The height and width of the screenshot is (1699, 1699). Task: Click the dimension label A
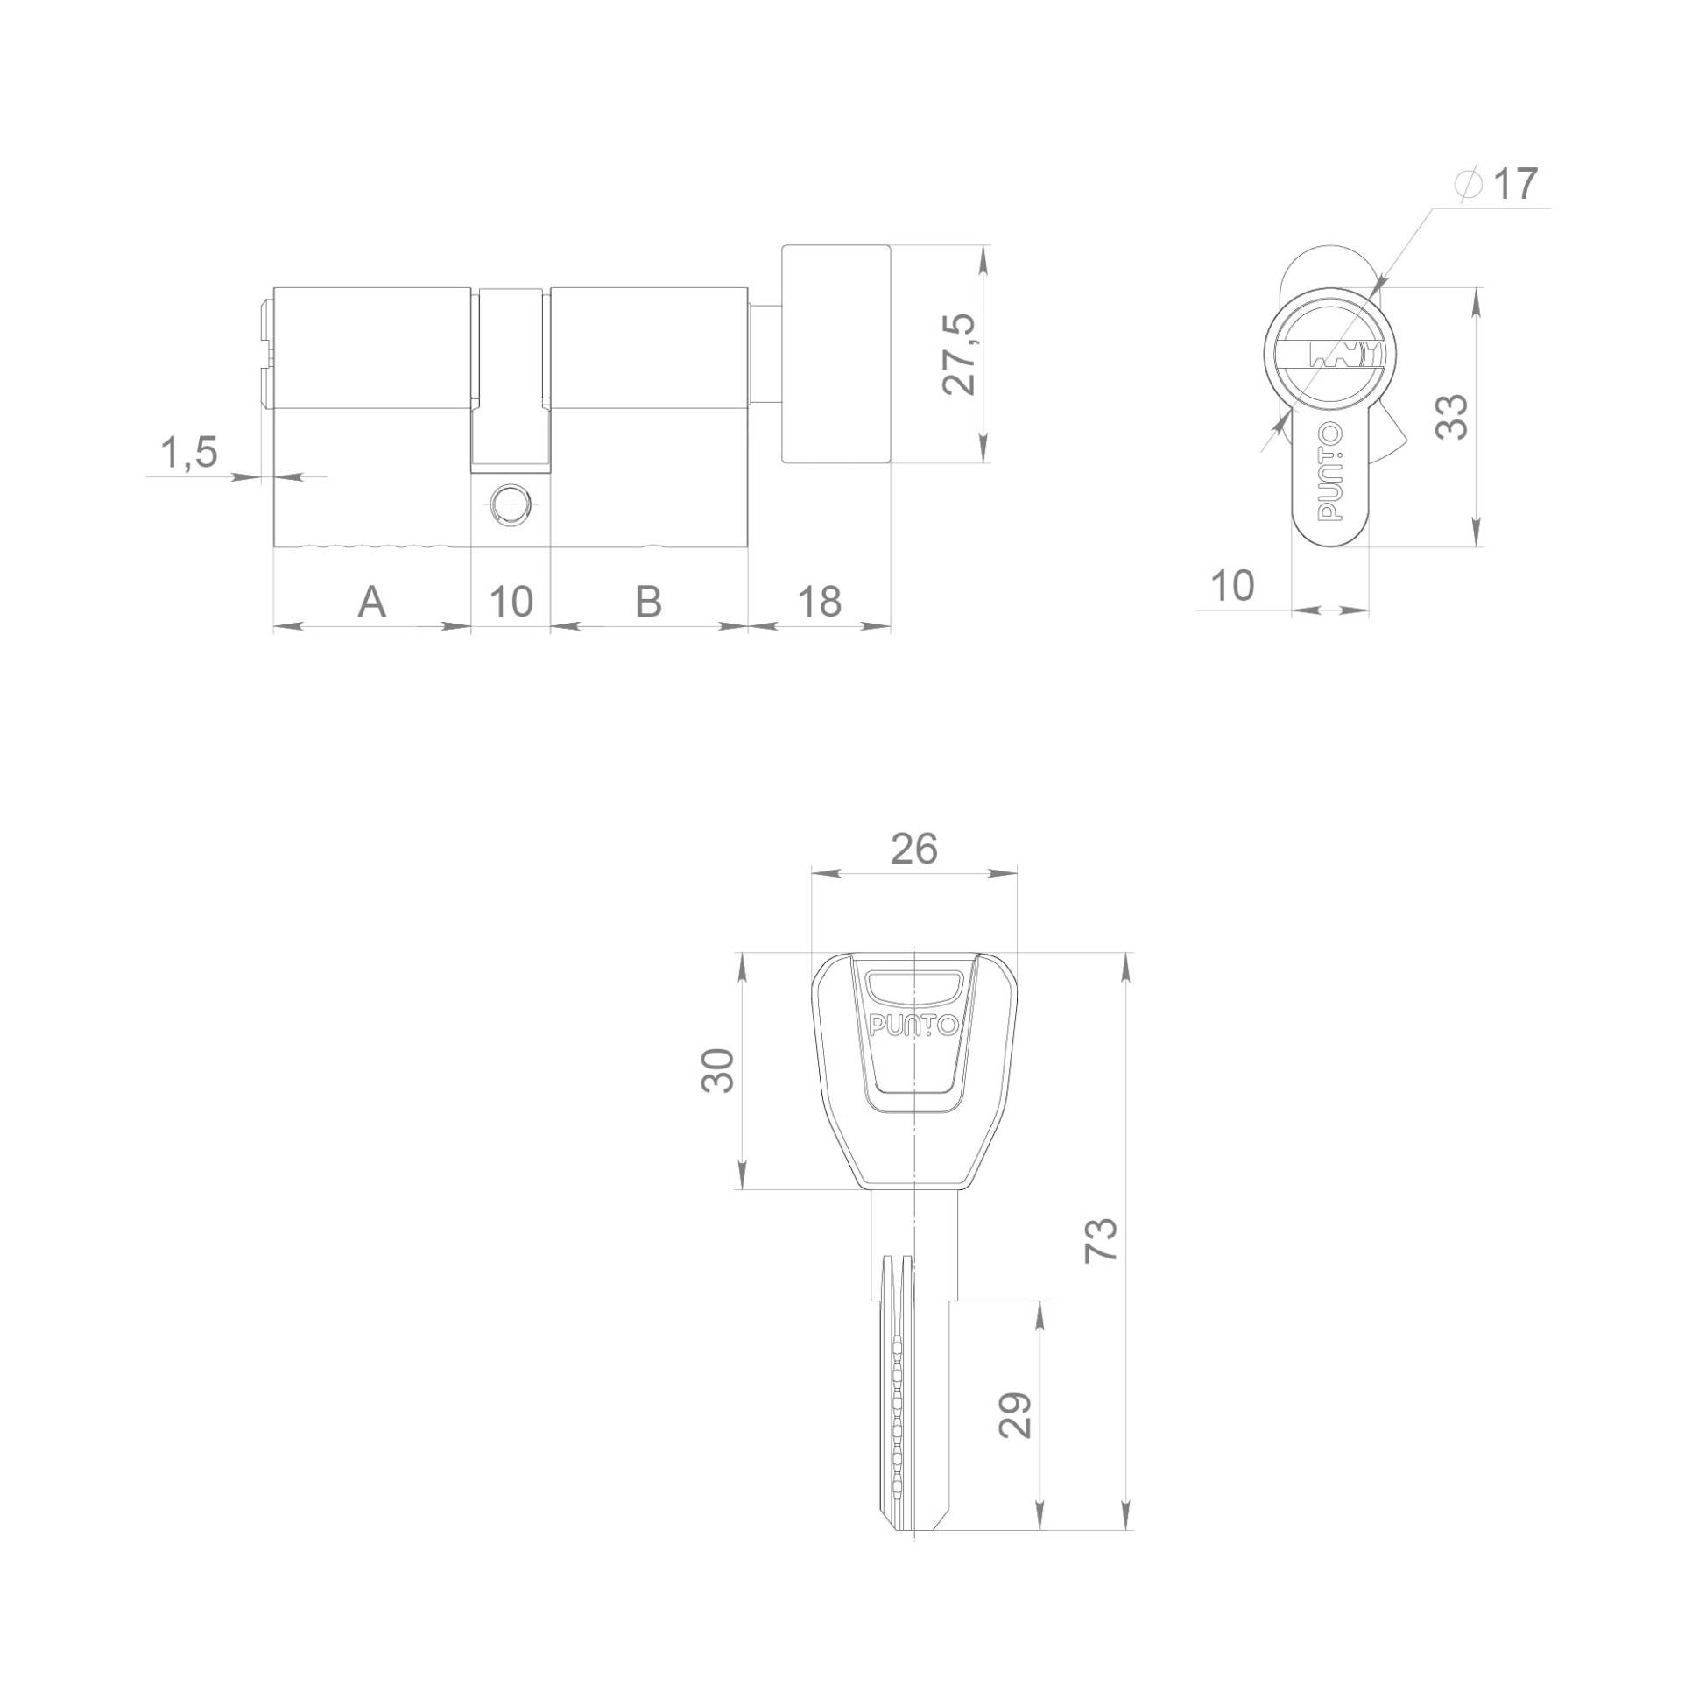click(371, 603)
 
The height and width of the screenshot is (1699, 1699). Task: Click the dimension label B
click(648, 603)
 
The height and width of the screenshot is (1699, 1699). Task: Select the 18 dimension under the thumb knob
click(819, 603)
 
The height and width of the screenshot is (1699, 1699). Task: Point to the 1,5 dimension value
click(188, 454)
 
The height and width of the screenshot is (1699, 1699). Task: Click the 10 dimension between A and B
click(511, 603)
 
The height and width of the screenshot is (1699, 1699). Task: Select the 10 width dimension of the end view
click(1232, 586)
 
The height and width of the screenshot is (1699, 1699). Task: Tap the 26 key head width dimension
click(913, 849)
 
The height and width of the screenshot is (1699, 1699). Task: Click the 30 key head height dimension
click(717, 1070)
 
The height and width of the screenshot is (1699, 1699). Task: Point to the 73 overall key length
click(1101, 1241)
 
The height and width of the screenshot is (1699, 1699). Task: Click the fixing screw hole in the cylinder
click(511, 504)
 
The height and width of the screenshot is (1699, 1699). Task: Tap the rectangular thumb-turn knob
click(836, 354)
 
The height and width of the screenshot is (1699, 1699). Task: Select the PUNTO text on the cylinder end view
click(1329, 472)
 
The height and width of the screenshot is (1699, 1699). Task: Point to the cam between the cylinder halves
click(511, 378)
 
